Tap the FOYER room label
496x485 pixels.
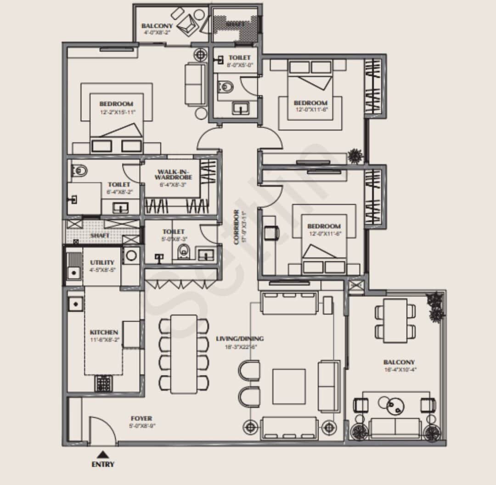click(x=141, y=418)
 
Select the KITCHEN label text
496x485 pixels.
click(x=104, y=332)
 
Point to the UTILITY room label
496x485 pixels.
click(x=102, y=262)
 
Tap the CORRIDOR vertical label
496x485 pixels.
click(x=236, y=228)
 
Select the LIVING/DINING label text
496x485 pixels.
click(x=240, y=339)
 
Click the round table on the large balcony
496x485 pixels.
click(x=395, y=405)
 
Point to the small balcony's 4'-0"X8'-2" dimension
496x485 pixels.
click(x=158, y=32)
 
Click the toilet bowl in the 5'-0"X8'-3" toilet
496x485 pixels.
click(x=183, y=252)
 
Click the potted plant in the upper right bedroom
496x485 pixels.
click(x=355, y=156)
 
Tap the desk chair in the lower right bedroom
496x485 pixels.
click(x=272, y=234)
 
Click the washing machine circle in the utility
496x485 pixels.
click(x=130, y=255)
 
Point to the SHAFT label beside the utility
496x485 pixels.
click(x=100, y=235)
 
